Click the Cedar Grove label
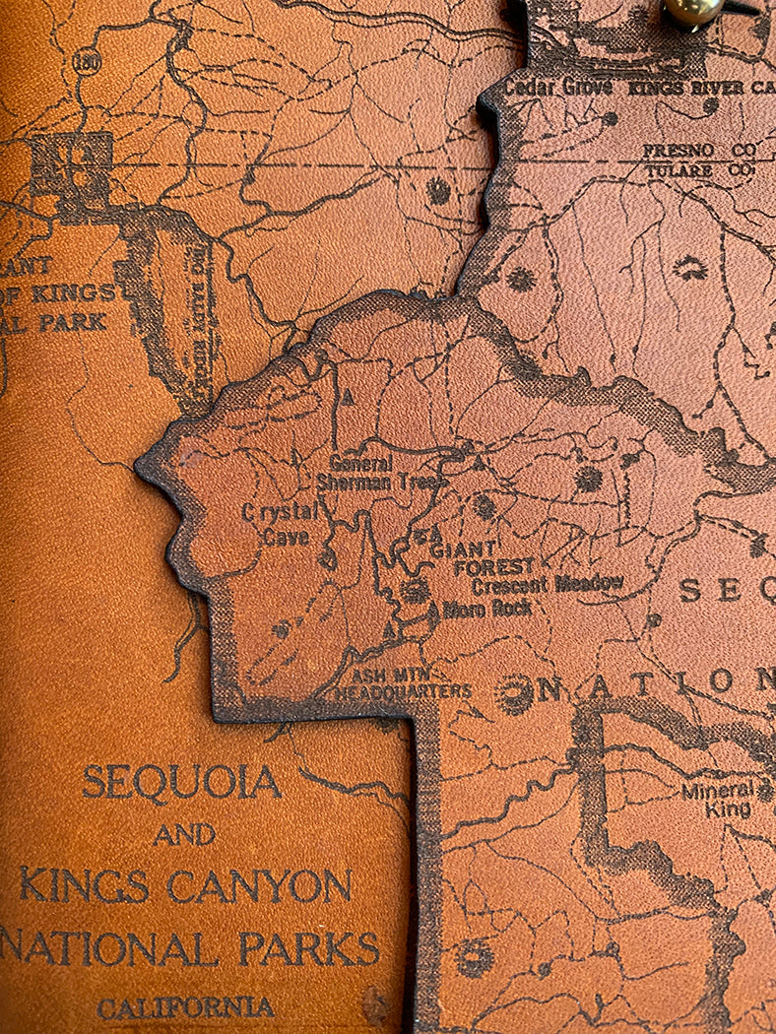pos(558,87)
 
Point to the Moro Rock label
pos(487,609)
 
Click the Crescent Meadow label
pos(548,584)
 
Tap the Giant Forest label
pos(484,557)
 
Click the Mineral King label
pos(716,800)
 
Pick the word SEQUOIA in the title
pos(182,783)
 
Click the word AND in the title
pos(184,835)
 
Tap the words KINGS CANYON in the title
pos(185,886)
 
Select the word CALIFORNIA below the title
pos(185,1007)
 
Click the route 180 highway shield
pos(84,61)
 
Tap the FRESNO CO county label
pos(699,151)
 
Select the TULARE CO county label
pos(698,169)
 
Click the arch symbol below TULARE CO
pos(690,267)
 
